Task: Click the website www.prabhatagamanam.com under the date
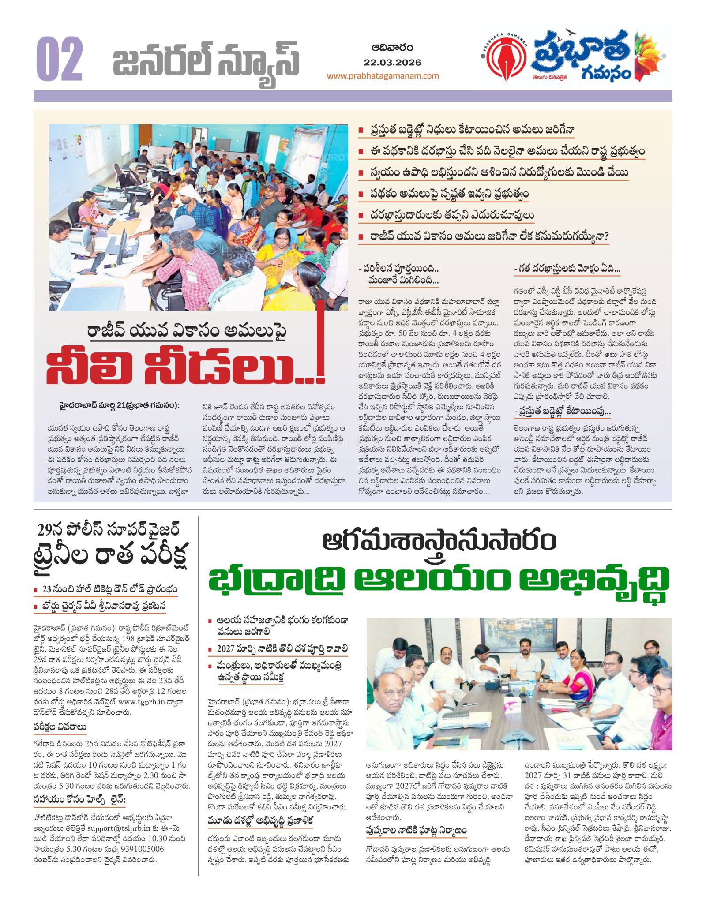(x=383, y=75)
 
